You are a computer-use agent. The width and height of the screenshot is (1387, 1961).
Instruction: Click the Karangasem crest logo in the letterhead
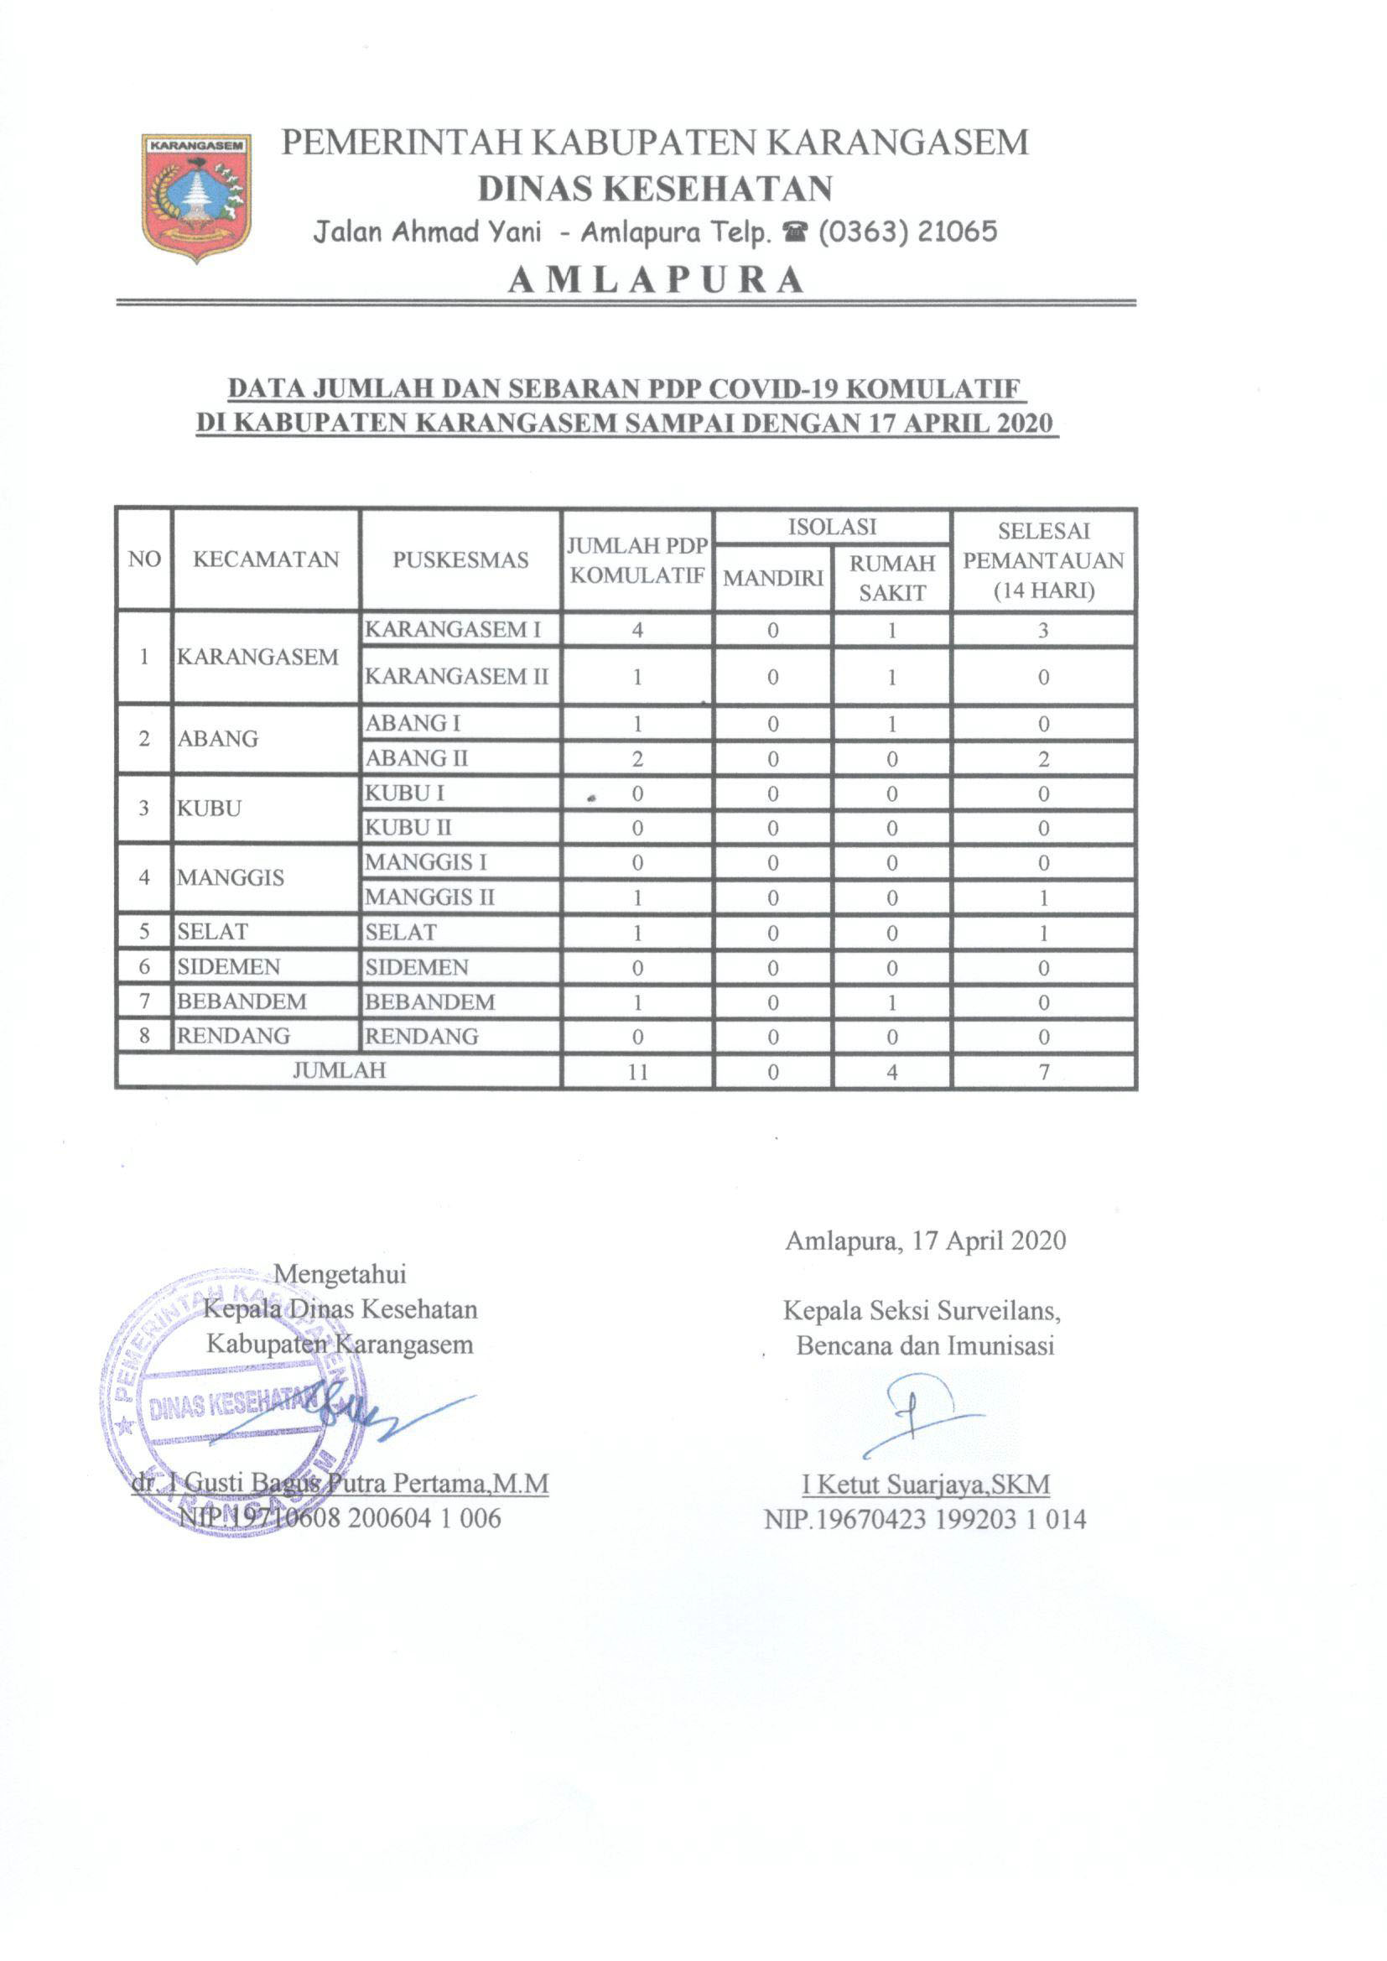tap(195, 195)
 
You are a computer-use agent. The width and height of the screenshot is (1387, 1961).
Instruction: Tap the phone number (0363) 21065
tap(907, 231)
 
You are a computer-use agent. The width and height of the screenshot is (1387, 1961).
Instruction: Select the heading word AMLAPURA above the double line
tap(655, 280)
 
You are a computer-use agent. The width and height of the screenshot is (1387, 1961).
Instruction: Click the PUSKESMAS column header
tap(460, 560)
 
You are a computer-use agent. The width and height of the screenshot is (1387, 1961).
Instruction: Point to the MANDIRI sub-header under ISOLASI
tap(773, 578)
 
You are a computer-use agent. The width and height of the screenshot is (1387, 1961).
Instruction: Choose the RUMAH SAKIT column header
tap(891, 578)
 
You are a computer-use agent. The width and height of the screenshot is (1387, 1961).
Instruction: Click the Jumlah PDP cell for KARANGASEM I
tap(637, 631)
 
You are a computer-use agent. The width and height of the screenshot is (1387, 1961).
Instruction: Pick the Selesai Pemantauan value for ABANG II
tap(1043, 759)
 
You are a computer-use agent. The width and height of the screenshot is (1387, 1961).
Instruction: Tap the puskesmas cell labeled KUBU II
tap(408, 828)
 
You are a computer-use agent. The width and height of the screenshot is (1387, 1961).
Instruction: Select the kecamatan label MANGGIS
tap(231, 878)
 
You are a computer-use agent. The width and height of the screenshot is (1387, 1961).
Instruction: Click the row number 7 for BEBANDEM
tap(144, 1001)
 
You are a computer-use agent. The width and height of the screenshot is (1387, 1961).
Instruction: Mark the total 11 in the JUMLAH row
tap(637, 1072)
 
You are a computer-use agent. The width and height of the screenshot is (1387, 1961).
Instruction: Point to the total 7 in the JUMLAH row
tap(1043, 1072)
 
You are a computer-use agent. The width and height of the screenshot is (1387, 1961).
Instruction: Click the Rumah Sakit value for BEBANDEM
tap(891, 1002)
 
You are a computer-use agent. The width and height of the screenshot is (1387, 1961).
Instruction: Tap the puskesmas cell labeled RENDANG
tap(422, 1037)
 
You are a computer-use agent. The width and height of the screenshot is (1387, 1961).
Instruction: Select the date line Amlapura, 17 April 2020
tap(925, 1241)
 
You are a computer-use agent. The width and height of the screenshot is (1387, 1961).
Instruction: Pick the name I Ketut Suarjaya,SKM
tap(925, 1485)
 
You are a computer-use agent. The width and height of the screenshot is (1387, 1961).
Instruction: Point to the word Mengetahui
tap(339, 1274)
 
